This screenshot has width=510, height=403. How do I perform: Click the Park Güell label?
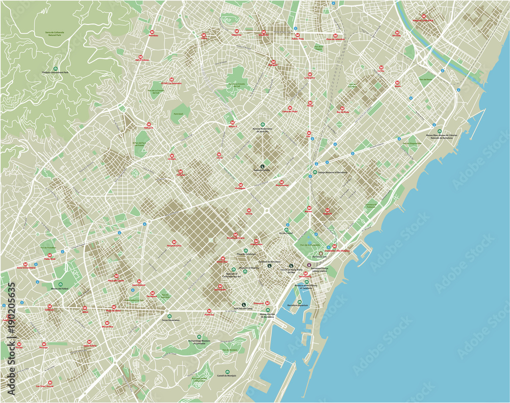pyautogui.click(x=178, y=114)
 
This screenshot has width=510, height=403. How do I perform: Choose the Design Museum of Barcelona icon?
pyautogui.click(x=315, y=172)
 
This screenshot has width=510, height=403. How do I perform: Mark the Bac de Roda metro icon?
pyautogui.click(x=342, y=108)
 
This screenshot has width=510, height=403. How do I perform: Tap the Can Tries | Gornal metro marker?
pyautogui.click(x=50, y=382)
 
